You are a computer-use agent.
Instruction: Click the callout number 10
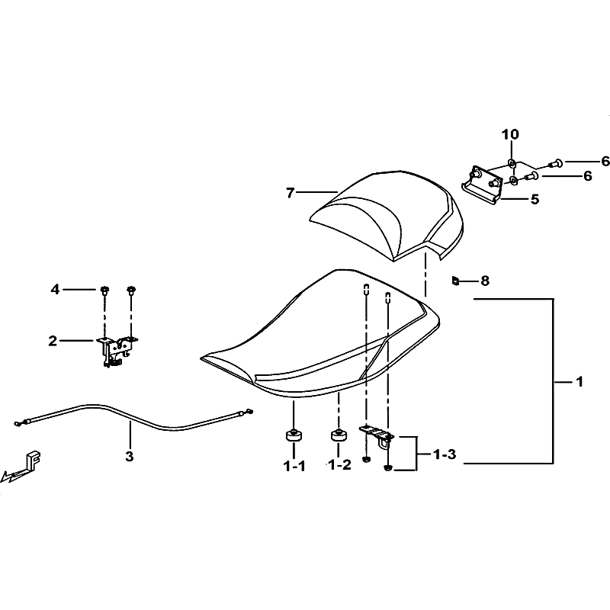point(510,135)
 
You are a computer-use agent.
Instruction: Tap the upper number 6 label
point(605,161)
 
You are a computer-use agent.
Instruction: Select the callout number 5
point(535,200)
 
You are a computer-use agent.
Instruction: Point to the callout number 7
point(291,193)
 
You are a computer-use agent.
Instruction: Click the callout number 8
point(485,281)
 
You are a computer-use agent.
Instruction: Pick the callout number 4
point(55,290)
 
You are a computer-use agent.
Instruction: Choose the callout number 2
point(53,341)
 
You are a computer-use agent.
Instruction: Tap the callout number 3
point(130,456)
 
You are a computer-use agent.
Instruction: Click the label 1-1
point(294,466)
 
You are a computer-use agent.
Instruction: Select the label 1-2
point(339,464)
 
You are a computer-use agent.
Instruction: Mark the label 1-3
point(445,454)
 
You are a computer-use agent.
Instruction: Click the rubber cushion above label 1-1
point(294,435)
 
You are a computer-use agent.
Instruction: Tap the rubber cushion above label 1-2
point(339,435)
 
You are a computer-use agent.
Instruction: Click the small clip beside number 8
point(455,280)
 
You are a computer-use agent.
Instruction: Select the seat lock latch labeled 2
point(117,350)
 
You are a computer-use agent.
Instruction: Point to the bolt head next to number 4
point(104,290)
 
